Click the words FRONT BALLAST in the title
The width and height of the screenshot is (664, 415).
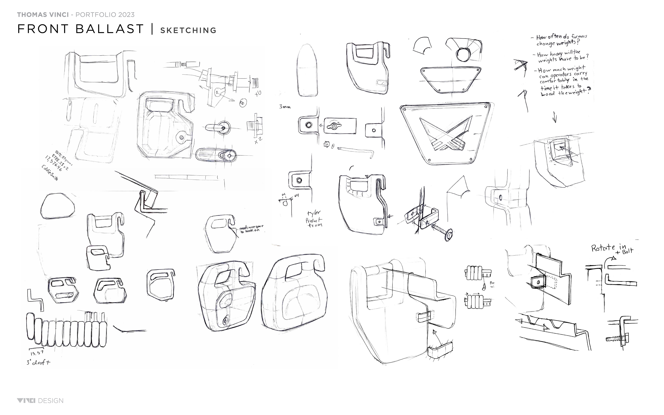(x=80, y=29)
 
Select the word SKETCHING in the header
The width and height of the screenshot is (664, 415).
(x=188, y=30)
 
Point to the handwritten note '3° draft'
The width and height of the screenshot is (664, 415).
(x=38, y=362)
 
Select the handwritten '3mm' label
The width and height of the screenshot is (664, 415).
(x=285, y=107)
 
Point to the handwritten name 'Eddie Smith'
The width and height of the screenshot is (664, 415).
(x=50, y=173)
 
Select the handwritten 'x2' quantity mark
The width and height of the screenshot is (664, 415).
(x=258, y=141)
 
